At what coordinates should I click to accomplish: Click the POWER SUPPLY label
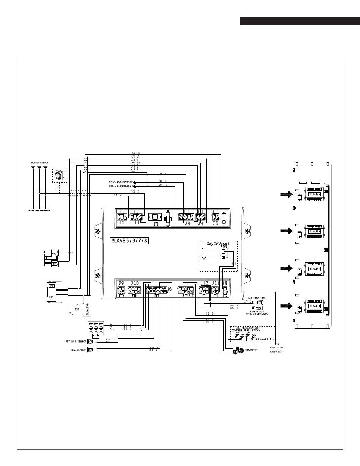click(40, 163)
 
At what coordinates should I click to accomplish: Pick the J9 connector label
click(121, 283)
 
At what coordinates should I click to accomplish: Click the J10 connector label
click(135, 283)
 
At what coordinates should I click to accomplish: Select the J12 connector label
click(205, 283)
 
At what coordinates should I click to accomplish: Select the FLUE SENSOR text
click(79, 350)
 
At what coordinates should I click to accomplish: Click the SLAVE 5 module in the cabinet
click(315, 194)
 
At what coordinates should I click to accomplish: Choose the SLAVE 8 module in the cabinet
click(315, 306)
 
